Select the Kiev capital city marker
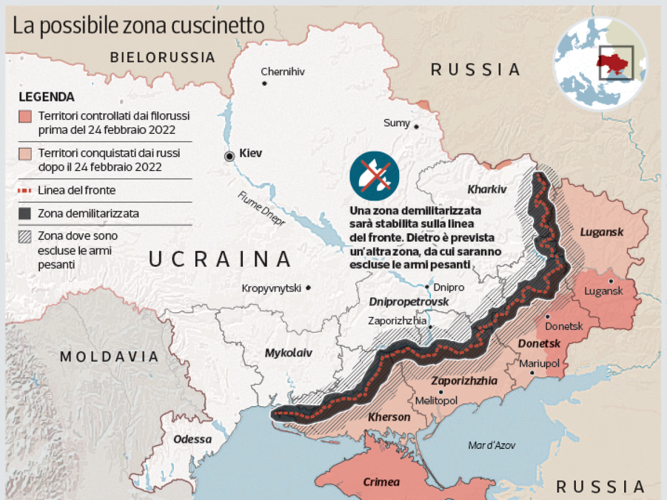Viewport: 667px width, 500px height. click(229, 157)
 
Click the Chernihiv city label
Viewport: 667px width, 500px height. click(283, 72)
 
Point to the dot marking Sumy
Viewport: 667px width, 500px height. click(416, 127)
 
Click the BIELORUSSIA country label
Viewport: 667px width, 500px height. click(162, 57)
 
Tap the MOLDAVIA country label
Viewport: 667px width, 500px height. click(108, 356)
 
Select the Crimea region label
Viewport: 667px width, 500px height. click(381, 482)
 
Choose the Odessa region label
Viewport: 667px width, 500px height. click(193, 439)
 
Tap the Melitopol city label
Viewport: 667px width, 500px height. click(436, 401)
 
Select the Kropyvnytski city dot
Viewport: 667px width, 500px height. click(308, 288)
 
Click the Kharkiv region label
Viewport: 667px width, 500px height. click(487, 189)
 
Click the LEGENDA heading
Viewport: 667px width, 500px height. click(47, 97)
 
